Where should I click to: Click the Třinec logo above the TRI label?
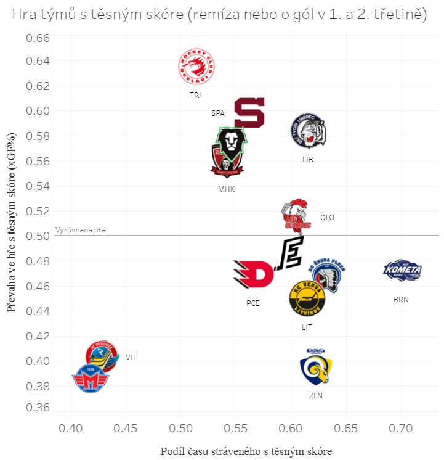pos(196,67)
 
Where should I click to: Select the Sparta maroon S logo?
pos(249,112)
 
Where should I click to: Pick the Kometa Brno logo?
pos(402,270)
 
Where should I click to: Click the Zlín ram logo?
pos(315,368)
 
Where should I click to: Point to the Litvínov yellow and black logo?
pos(307,298)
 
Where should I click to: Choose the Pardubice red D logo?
pos(253,273)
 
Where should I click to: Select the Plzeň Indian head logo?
pos(328,273)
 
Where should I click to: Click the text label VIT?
pos(131,357)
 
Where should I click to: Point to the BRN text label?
pos(401,300)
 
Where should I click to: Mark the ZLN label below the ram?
pos(316,396)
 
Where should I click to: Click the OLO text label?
pos(327,218)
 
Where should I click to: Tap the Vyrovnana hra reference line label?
pos(81,230)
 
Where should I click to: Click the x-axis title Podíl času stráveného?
pos(246,451)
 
